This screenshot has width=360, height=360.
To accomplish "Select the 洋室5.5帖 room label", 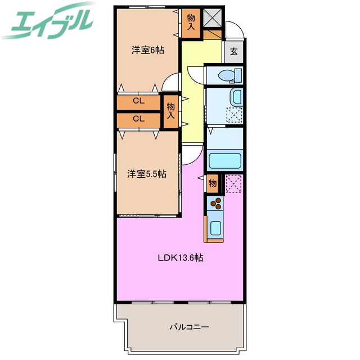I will click(x=146, y=174).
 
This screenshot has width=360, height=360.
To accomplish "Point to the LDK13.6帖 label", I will click(x=180, y=259).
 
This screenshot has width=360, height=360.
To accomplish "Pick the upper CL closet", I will click(x=138, y=102).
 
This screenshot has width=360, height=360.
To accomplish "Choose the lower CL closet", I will click(x=138, y=119).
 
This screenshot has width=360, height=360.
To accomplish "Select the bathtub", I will click(x=225, y=161).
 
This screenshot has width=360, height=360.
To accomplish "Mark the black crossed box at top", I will click(x=212, y=19).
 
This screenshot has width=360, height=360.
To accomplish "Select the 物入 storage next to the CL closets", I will click(x=171, y=111).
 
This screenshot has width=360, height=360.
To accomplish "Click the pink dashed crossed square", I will click(x=233, y=183).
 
